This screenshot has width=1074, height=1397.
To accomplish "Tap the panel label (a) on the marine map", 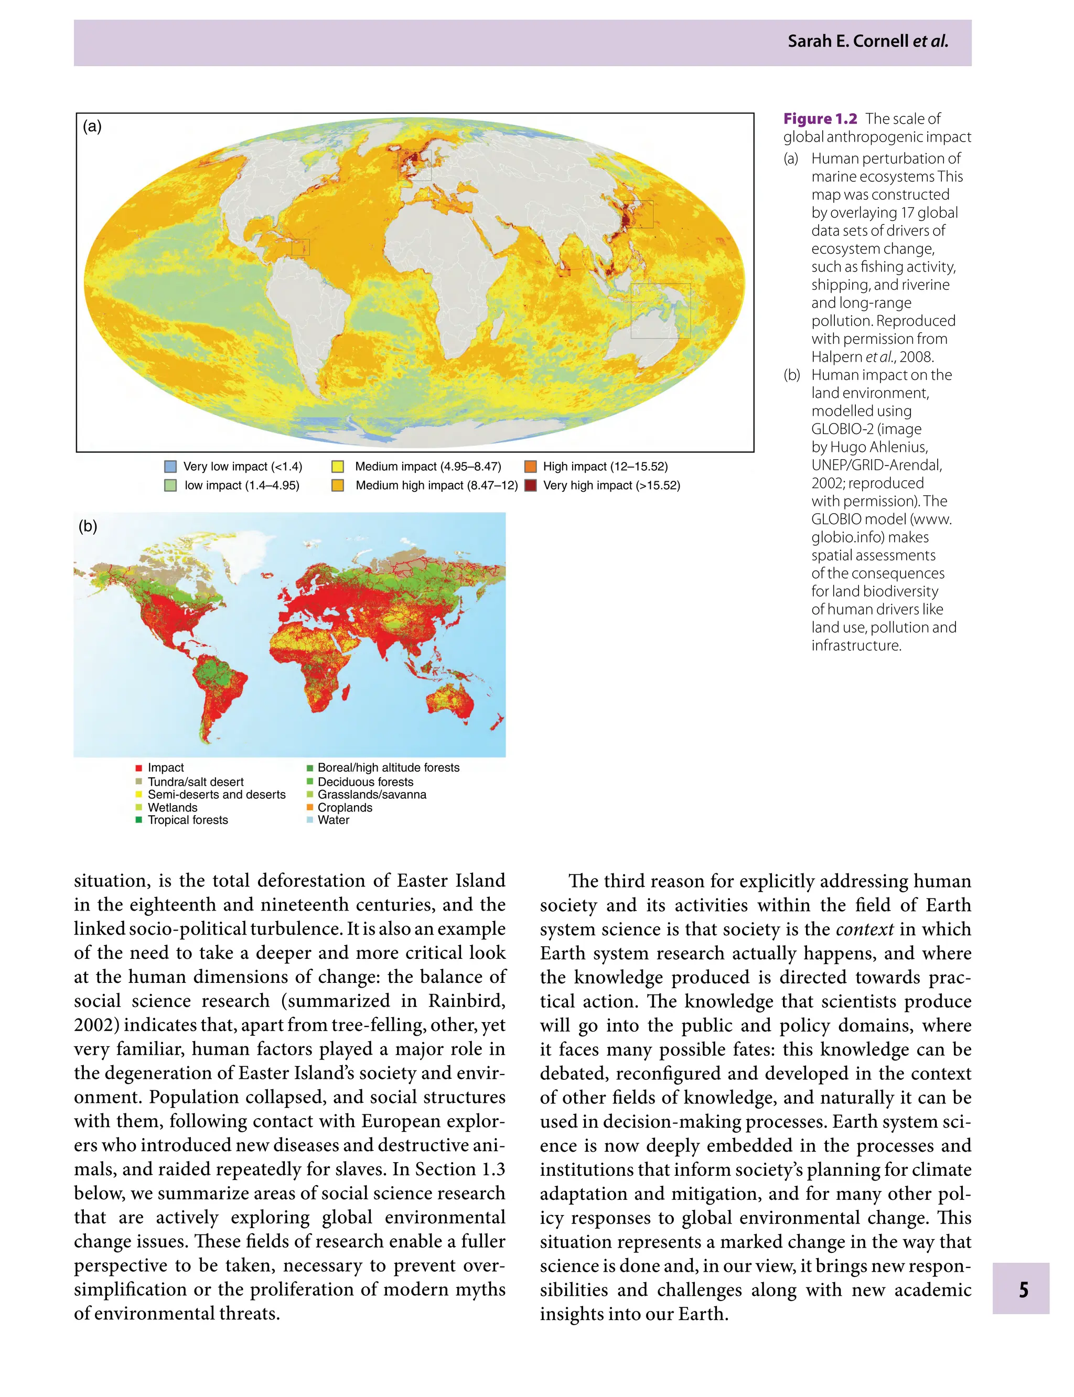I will tap(92, 126).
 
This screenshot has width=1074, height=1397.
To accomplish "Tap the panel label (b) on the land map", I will tap(88, 526).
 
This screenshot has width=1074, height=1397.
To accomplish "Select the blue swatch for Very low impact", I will tap(170, 467).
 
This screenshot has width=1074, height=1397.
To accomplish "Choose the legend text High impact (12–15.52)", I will tap(605, 467).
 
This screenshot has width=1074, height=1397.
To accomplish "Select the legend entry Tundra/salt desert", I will tap(195, 782).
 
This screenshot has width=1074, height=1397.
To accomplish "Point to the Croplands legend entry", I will tap(345, 807).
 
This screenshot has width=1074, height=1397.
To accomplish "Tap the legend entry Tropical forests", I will tap(187, 820).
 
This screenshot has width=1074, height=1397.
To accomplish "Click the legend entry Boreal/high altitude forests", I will tap(388, 767).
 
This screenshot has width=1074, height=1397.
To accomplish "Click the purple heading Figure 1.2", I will tap(820, 119).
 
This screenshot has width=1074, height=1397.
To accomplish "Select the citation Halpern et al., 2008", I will tap(872, 356).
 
